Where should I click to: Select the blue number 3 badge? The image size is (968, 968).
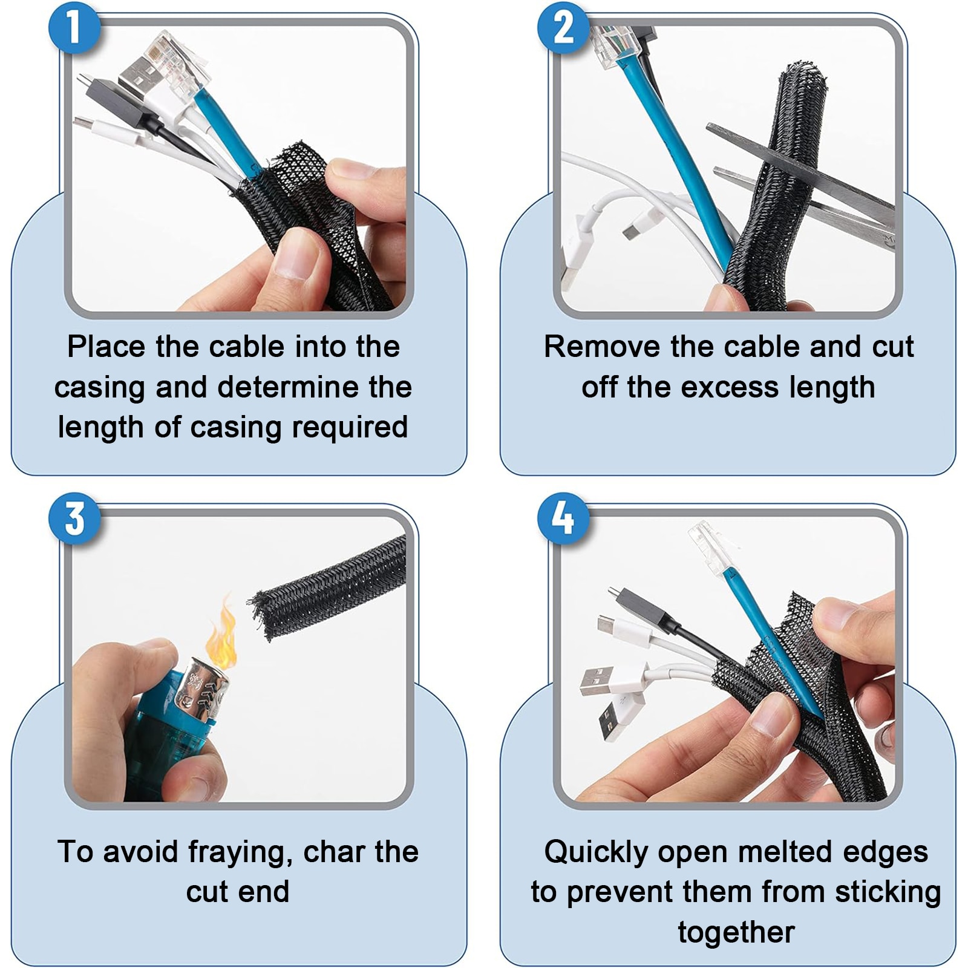coord(74,518)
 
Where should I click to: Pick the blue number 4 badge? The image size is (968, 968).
coord(563,518)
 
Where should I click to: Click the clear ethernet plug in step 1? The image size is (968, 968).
coord(181,57)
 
